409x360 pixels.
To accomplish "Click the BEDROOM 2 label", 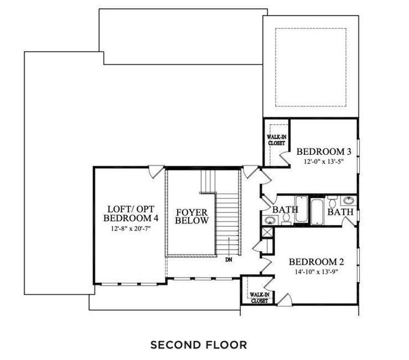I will click(316, 262).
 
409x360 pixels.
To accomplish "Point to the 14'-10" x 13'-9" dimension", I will click(316, 271).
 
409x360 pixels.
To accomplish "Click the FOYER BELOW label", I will click(192, 216).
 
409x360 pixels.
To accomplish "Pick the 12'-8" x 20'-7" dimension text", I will click(129, 229).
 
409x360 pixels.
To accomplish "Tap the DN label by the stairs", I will click(229, 260).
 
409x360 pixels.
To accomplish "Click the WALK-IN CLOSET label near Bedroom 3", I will click(276, 139).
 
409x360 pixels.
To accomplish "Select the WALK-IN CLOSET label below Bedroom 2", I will click(259, 298).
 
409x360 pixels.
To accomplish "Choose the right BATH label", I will click(340, 212).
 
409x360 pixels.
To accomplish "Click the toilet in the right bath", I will click(332, 204).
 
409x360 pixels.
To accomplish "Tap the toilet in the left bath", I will click(287, 221).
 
